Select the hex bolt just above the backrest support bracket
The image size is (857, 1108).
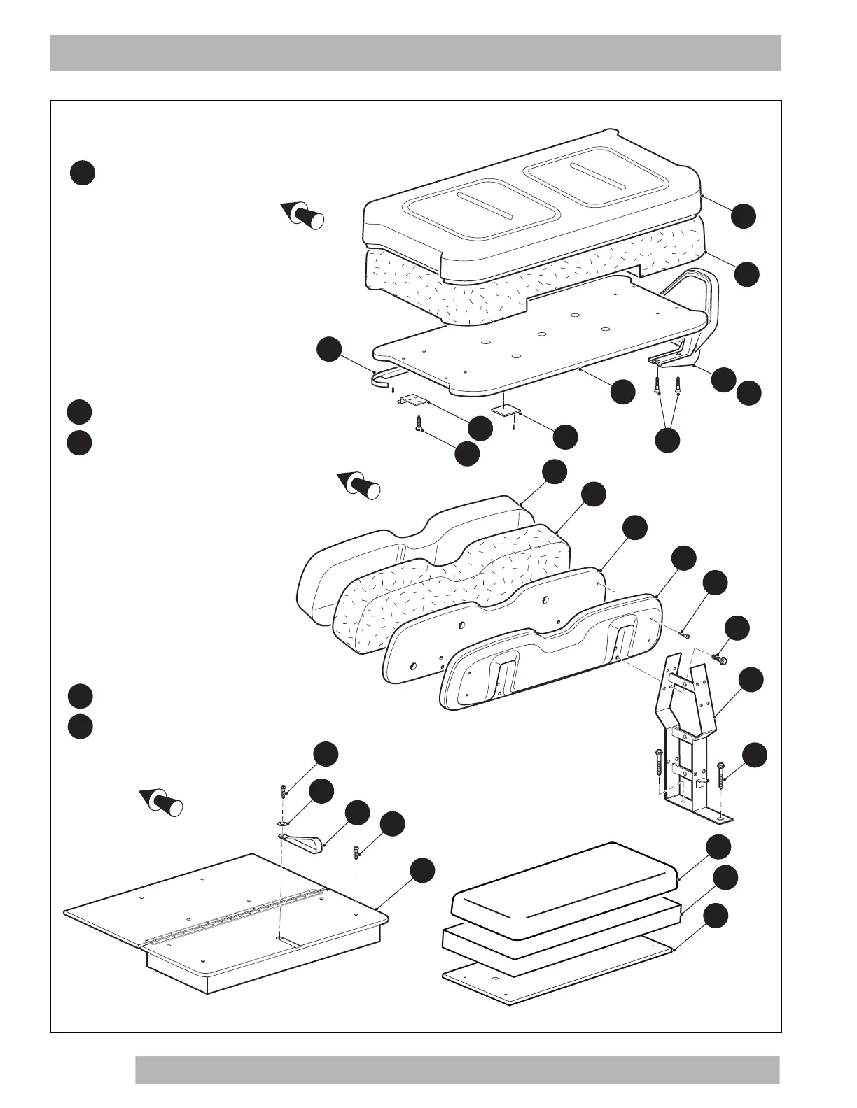click(719, 658)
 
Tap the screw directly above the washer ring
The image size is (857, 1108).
click(283, 791)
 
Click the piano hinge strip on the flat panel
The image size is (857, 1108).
click(238, 916)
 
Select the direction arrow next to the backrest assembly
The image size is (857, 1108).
click(360, 484)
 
